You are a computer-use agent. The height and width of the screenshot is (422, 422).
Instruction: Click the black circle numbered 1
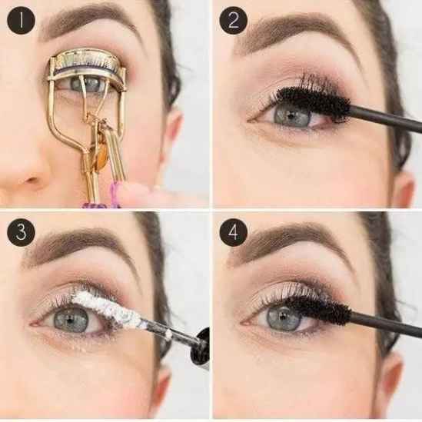[21, 20]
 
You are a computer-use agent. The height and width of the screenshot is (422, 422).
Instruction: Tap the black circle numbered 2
[234, 20]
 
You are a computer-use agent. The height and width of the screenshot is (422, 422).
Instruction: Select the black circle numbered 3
[21, 232]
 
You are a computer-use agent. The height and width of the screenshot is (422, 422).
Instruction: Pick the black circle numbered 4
[234, 232]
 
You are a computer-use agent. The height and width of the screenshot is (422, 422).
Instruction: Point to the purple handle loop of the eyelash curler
[115, 194]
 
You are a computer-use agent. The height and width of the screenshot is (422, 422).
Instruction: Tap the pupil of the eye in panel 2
[291, 116]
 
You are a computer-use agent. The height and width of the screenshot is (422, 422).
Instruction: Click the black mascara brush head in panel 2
[314, 100]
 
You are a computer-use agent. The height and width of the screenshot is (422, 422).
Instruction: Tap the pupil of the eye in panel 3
[71, 321]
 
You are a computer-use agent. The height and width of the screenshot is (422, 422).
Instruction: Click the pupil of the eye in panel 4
[283, 317]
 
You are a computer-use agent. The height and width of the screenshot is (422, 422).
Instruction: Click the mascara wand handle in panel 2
[386, 119]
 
